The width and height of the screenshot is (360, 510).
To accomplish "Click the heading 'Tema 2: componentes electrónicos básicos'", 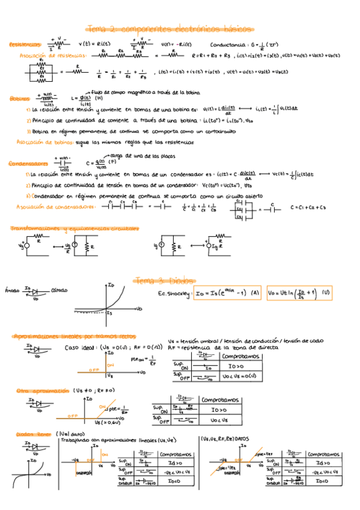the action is (171, 28).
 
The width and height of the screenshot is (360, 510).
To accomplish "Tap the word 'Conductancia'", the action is (227, 45).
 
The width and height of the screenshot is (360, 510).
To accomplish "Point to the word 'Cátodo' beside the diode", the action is (59, 290).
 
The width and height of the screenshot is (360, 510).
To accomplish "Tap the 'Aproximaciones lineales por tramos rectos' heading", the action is (74, 336).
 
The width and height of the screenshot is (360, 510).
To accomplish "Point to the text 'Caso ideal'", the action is (79, 348).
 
